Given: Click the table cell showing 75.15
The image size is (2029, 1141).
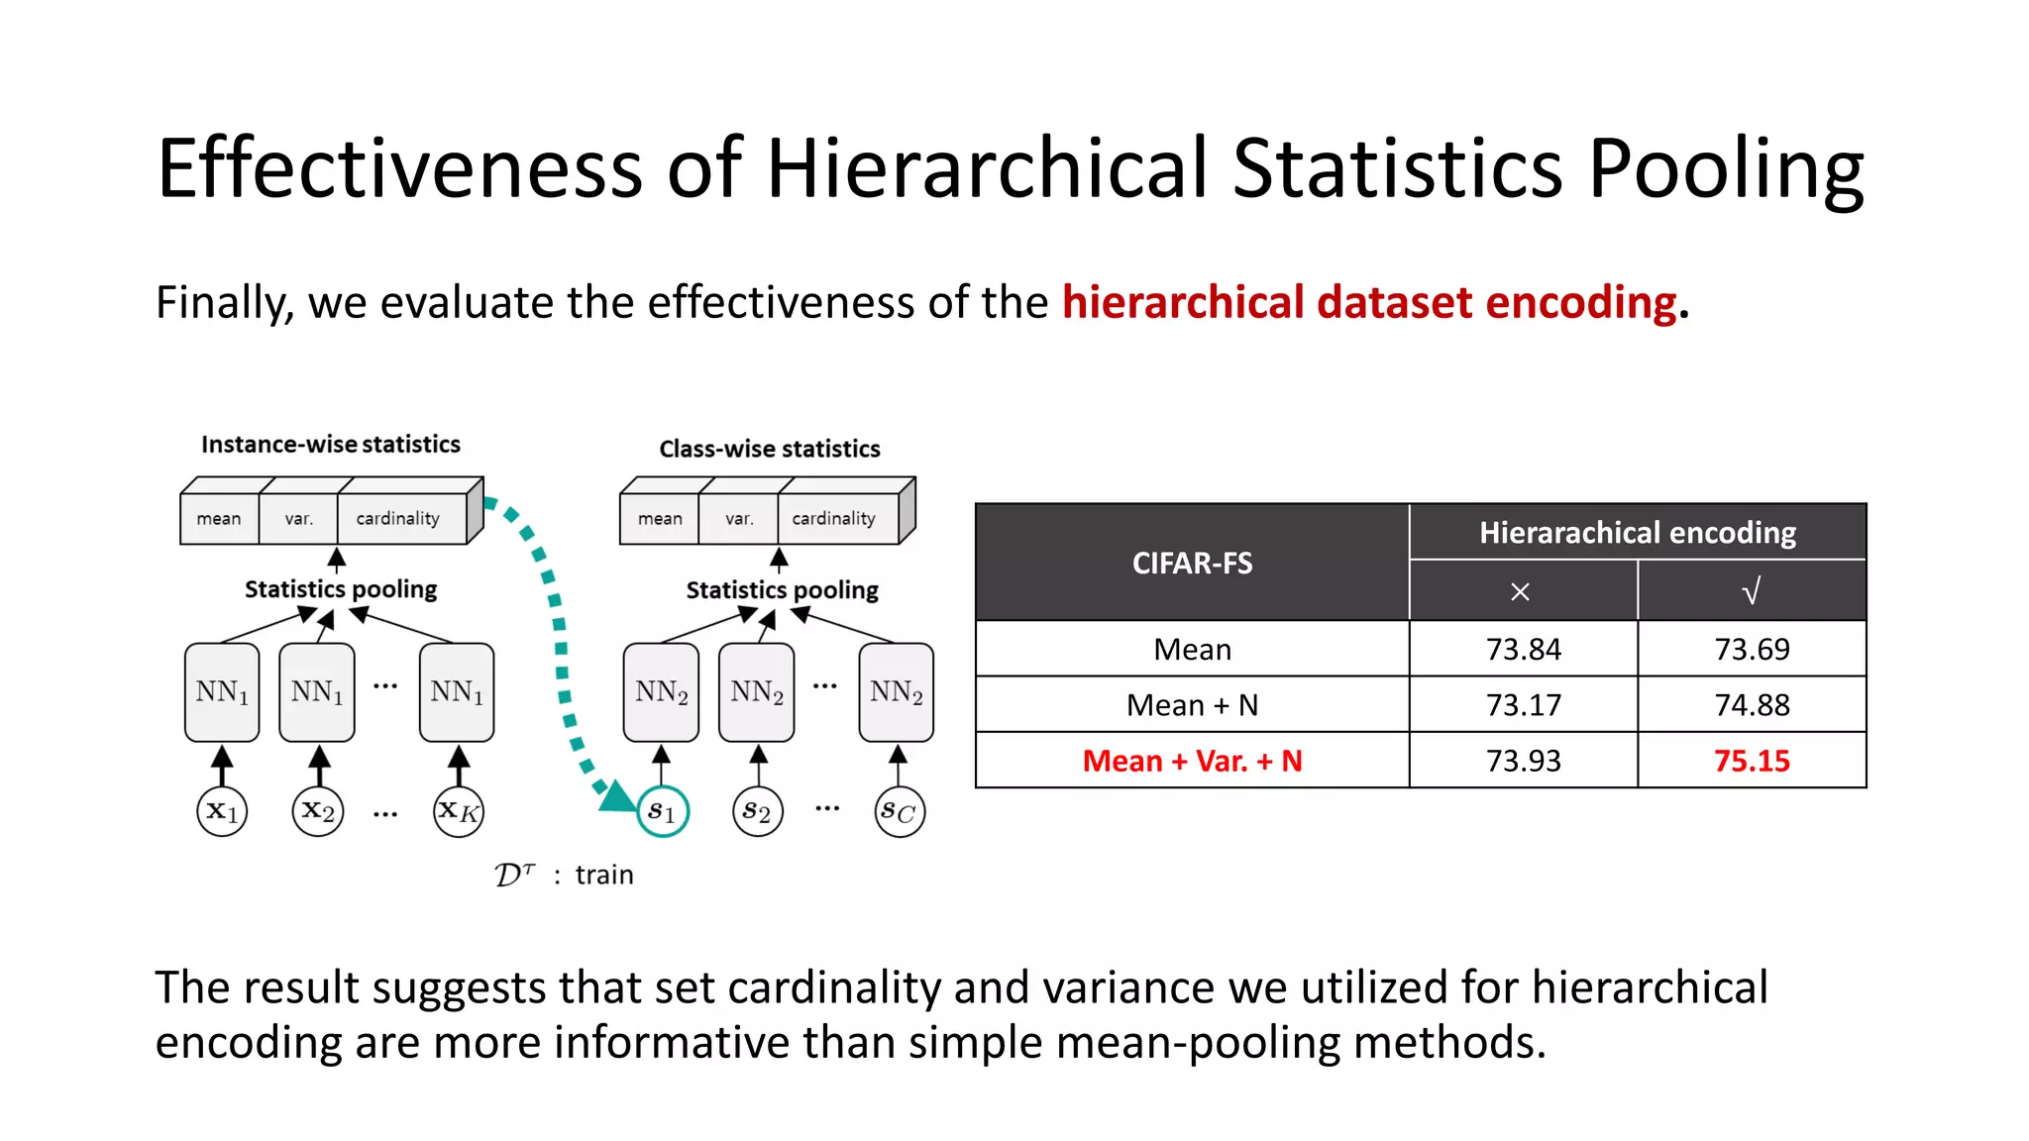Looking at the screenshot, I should [x=1751, y=761].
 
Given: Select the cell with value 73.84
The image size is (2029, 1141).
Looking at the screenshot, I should [x=1523, y=649].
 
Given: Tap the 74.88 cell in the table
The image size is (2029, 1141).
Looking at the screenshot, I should [x=1751, y=704].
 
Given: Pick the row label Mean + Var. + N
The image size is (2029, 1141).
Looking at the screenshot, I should [x=1192, y=761].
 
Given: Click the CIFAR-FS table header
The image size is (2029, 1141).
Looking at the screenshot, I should [x=1192, y=563].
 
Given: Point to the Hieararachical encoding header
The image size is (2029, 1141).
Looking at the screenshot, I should [x=1637, y=533].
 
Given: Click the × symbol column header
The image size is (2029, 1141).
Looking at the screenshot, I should [x=1521, y=591].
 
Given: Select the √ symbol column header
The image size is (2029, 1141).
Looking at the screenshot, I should [x=1751, y=591].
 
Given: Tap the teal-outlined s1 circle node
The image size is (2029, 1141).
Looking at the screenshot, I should [x=662, y=812].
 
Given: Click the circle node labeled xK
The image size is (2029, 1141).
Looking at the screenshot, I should [x=459, y=812].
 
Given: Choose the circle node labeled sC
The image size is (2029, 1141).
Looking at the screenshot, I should [x=900, y=812].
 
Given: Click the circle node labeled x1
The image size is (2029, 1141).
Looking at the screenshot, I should [x=222, y=812].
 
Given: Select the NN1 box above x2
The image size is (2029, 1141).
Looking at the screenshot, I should [x=317, y=691].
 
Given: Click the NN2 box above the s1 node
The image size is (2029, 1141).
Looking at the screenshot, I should [x=661, y=691].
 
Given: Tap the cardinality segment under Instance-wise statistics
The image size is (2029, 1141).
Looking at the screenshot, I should [x=398, y=518].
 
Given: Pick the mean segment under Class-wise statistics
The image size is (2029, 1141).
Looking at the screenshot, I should [x=660, y=518].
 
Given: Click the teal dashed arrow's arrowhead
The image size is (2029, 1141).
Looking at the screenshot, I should [x=617, y=796].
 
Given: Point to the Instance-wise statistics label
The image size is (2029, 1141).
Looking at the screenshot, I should [x=330, y=444].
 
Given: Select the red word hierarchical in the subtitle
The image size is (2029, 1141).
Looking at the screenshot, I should [x=1182, y=302].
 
